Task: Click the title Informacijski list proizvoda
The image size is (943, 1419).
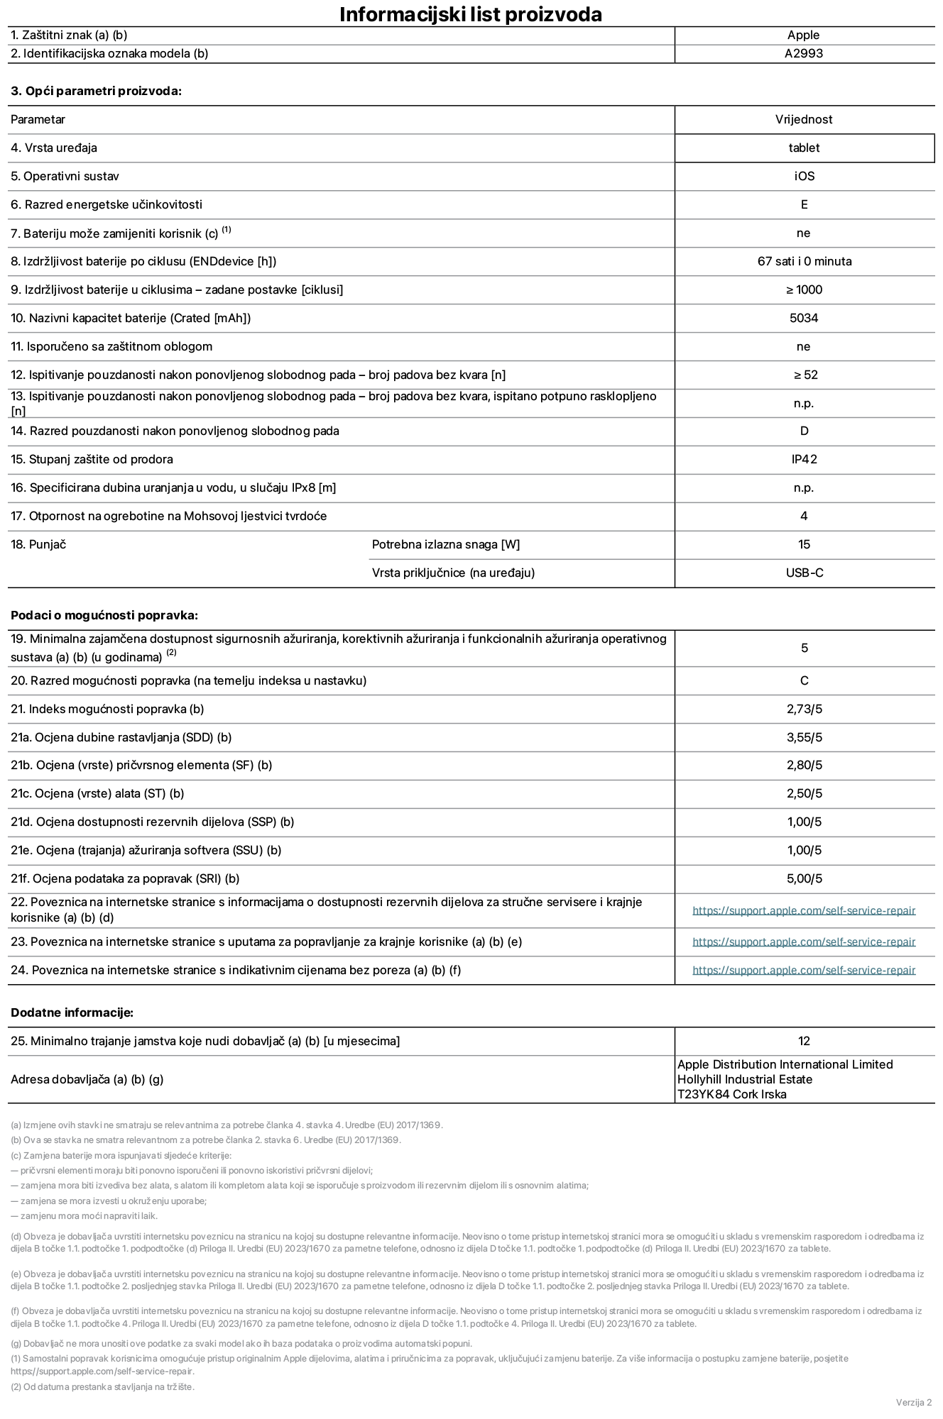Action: click(470, 14)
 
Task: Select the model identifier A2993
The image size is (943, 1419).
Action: click(804, 53)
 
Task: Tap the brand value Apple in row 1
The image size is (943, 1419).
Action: click(804, 35)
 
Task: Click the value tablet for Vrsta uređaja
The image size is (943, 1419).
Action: click(804, 148)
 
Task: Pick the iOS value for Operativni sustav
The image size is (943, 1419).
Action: click(804, 176)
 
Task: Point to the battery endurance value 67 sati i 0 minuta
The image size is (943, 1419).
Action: click(804, 261)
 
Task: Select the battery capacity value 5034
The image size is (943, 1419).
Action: click(804, 318)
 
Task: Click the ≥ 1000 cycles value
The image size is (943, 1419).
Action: click(804, 289)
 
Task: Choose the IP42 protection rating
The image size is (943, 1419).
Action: click(804, 459)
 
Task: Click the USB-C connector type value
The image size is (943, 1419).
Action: click(804, 573)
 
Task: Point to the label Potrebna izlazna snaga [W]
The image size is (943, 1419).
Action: click(445, 544)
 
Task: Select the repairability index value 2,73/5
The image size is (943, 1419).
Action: click(804, 709)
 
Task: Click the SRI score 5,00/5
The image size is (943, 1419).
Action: click(804, 878)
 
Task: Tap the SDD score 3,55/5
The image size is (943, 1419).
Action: click(804, 737)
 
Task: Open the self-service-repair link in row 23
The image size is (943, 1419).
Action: click(804, 942)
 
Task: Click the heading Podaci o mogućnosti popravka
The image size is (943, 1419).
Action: click(104, 615)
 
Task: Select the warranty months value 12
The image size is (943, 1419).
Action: click(804, 1041)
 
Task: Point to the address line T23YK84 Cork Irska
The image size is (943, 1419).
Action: click(731, 1094)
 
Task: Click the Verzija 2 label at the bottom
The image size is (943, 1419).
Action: click(913, 1402)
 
